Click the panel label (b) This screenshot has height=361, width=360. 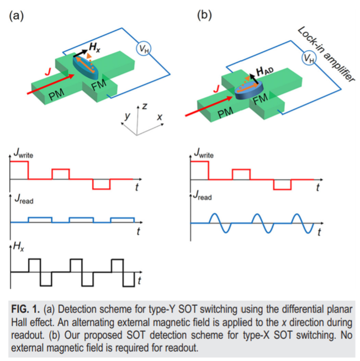click(x=205, y=15)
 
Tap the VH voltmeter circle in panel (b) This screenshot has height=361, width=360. click(x=308, y=59)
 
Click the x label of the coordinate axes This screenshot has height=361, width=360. click(x=159, y=118)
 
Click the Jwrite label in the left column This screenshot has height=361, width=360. click(x=24, y=153)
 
